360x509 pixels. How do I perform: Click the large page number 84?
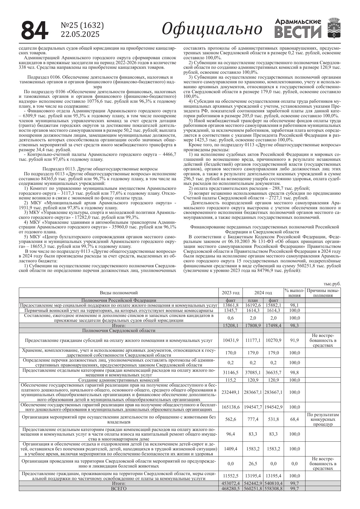35,30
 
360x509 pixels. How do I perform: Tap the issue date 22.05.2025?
80,34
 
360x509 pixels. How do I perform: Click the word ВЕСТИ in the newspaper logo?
298,32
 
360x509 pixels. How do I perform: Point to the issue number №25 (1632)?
82,26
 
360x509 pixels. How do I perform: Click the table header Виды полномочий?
119,293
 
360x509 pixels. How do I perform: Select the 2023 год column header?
231,293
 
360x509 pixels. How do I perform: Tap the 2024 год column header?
263,293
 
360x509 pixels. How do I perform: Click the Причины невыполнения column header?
323,293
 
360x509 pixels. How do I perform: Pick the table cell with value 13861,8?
231,305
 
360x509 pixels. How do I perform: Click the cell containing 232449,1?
231,392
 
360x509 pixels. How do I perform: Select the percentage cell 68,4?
294,419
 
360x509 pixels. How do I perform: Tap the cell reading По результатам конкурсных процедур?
323,419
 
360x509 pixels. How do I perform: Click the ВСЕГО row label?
119,489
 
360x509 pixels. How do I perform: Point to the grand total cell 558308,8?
274,489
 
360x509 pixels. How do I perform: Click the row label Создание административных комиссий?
119,380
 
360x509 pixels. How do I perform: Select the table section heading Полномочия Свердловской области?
119,331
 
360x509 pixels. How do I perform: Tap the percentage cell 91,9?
294,340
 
